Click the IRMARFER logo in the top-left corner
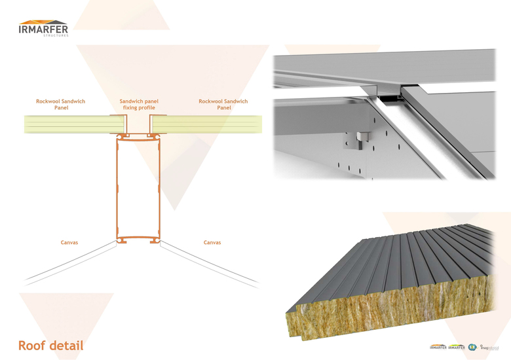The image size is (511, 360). click(x=43, y=28)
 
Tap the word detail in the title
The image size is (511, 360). click(x=65, y=345)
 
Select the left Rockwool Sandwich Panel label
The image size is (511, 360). click(x=60, y=104)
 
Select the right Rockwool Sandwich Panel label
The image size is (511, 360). click(x=223, y=104)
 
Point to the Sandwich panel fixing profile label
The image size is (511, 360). click(x=139, y=104)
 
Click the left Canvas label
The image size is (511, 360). click(x=69, y=243)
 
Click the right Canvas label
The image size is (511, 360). click(x=212, y=243)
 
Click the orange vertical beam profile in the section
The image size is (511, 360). click(x=118, y=190)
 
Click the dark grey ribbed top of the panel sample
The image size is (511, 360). click(x=406, y=262)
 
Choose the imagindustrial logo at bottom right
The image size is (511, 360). click(x=493, y=347)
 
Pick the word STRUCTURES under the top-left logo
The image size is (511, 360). click(x=56, y=36)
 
